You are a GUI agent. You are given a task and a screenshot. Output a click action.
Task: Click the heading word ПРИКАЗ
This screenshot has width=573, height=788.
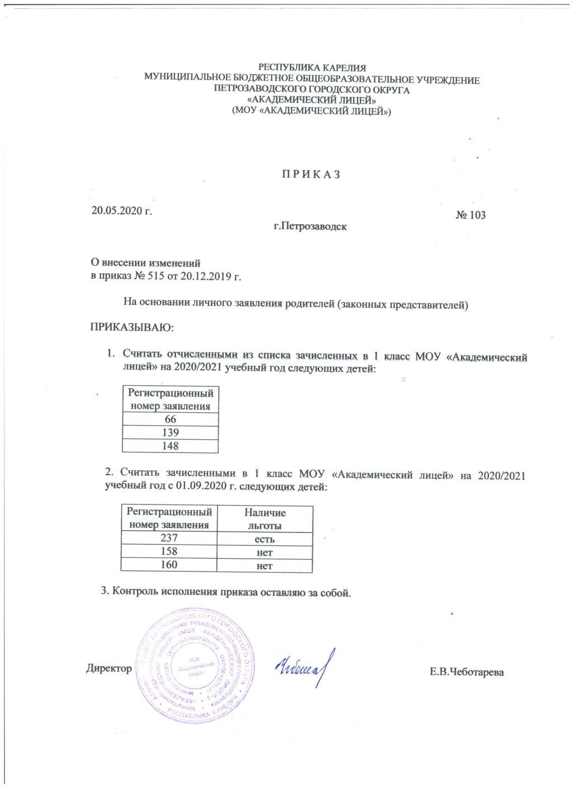coord(311,174)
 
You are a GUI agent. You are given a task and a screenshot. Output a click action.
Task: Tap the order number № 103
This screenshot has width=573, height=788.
coord(470,215)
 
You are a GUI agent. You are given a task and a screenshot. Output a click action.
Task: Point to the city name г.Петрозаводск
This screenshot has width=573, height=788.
coord(310,227)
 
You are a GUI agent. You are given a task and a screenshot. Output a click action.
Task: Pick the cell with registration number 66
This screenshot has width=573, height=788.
coord(170,419)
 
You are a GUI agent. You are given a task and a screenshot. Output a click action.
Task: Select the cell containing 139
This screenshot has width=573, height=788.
coord(170,432)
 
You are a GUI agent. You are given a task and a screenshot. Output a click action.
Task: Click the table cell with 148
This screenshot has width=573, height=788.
coord(170,446)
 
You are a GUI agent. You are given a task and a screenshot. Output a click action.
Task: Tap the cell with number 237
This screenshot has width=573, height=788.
coord(169,538)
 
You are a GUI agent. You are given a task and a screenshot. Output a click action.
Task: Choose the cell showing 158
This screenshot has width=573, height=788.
coord(169,551)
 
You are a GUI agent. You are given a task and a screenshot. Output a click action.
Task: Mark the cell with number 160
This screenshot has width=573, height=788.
coord(169,565)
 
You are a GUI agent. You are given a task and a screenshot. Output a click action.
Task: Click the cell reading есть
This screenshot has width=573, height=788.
coord(265,539)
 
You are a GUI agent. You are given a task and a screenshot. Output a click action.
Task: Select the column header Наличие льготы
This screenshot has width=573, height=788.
coord(265,519)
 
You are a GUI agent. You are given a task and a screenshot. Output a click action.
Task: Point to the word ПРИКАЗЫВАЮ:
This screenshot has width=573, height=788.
coord(132,327)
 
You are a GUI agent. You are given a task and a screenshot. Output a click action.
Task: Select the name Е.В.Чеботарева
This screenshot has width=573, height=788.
coord(467,672)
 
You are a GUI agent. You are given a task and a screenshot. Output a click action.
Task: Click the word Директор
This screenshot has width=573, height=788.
coord(109,668)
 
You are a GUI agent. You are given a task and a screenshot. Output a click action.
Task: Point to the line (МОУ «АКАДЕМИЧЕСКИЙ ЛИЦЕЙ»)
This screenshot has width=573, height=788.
coord(312,111)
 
